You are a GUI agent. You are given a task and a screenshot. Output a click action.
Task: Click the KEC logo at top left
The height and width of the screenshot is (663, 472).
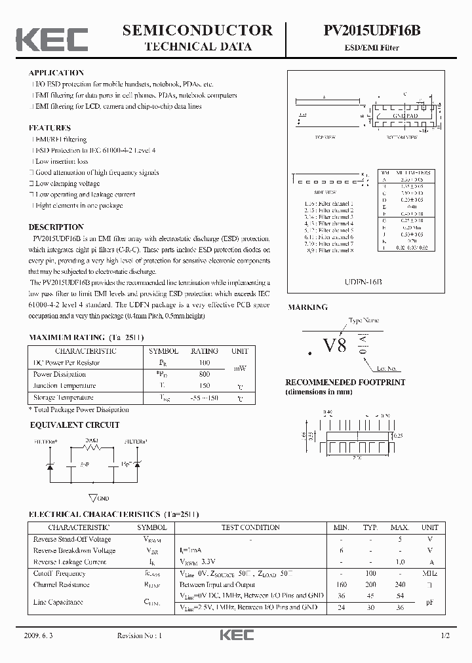click(x=52, y=39)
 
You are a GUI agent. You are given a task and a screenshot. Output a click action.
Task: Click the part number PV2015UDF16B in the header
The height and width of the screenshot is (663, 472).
click(x=372, y=30)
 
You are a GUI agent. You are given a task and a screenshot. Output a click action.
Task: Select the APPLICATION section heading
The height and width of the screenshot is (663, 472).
click(x=56, y=73)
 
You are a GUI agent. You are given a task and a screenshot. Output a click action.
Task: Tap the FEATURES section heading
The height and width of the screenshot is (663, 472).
click(x=50, y=128)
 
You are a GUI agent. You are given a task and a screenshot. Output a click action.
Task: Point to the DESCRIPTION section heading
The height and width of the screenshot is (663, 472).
click(x=56, y=227)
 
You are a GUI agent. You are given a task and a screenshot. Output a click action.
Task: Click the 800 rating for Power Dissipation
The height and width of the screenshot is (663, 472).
click(x=204, y=374)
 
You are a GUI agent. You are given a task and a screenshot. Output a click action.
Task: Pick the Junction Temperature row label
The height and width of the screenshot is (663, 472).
click(x=64, y=386)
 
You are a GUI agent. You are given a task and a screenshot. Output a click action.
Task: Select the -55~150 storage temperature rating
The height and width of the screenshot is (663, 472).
click(x=204, y=398)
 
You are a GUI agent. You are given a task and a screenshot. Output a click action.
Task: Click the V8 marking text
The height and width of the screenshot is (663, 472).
click(x=334, y=346)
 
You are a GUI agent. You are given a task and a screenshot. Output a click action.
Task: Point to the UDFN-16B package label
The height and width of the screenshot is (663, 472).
click(x=363, y=280)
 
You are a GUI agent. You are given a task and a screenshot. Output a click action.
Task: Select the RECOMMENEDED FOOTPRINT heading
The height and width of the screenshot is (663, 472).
click(x=345, y=382)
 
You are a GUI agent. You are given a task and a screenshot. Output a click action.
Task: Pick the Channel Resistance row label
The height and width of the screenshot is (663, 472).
click(x=62, y=584)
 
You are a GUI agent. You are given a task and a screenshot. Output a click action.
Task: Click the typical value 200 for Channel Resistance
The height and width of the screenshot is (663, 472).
click(x=371, y=584)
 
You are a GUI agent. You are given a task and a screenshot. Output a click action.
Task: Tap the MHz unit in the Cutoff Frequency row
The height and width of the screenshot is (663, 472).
click(x=429, y=574)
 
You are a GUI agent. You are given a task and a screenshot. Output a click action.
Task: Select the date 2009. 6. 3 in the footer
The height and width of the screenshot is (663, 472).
click(x=41, y=636)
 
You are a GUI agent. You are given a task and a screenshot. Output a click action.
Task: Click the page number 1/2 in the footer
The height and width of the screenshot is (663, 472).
click(x=445, y=636)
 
